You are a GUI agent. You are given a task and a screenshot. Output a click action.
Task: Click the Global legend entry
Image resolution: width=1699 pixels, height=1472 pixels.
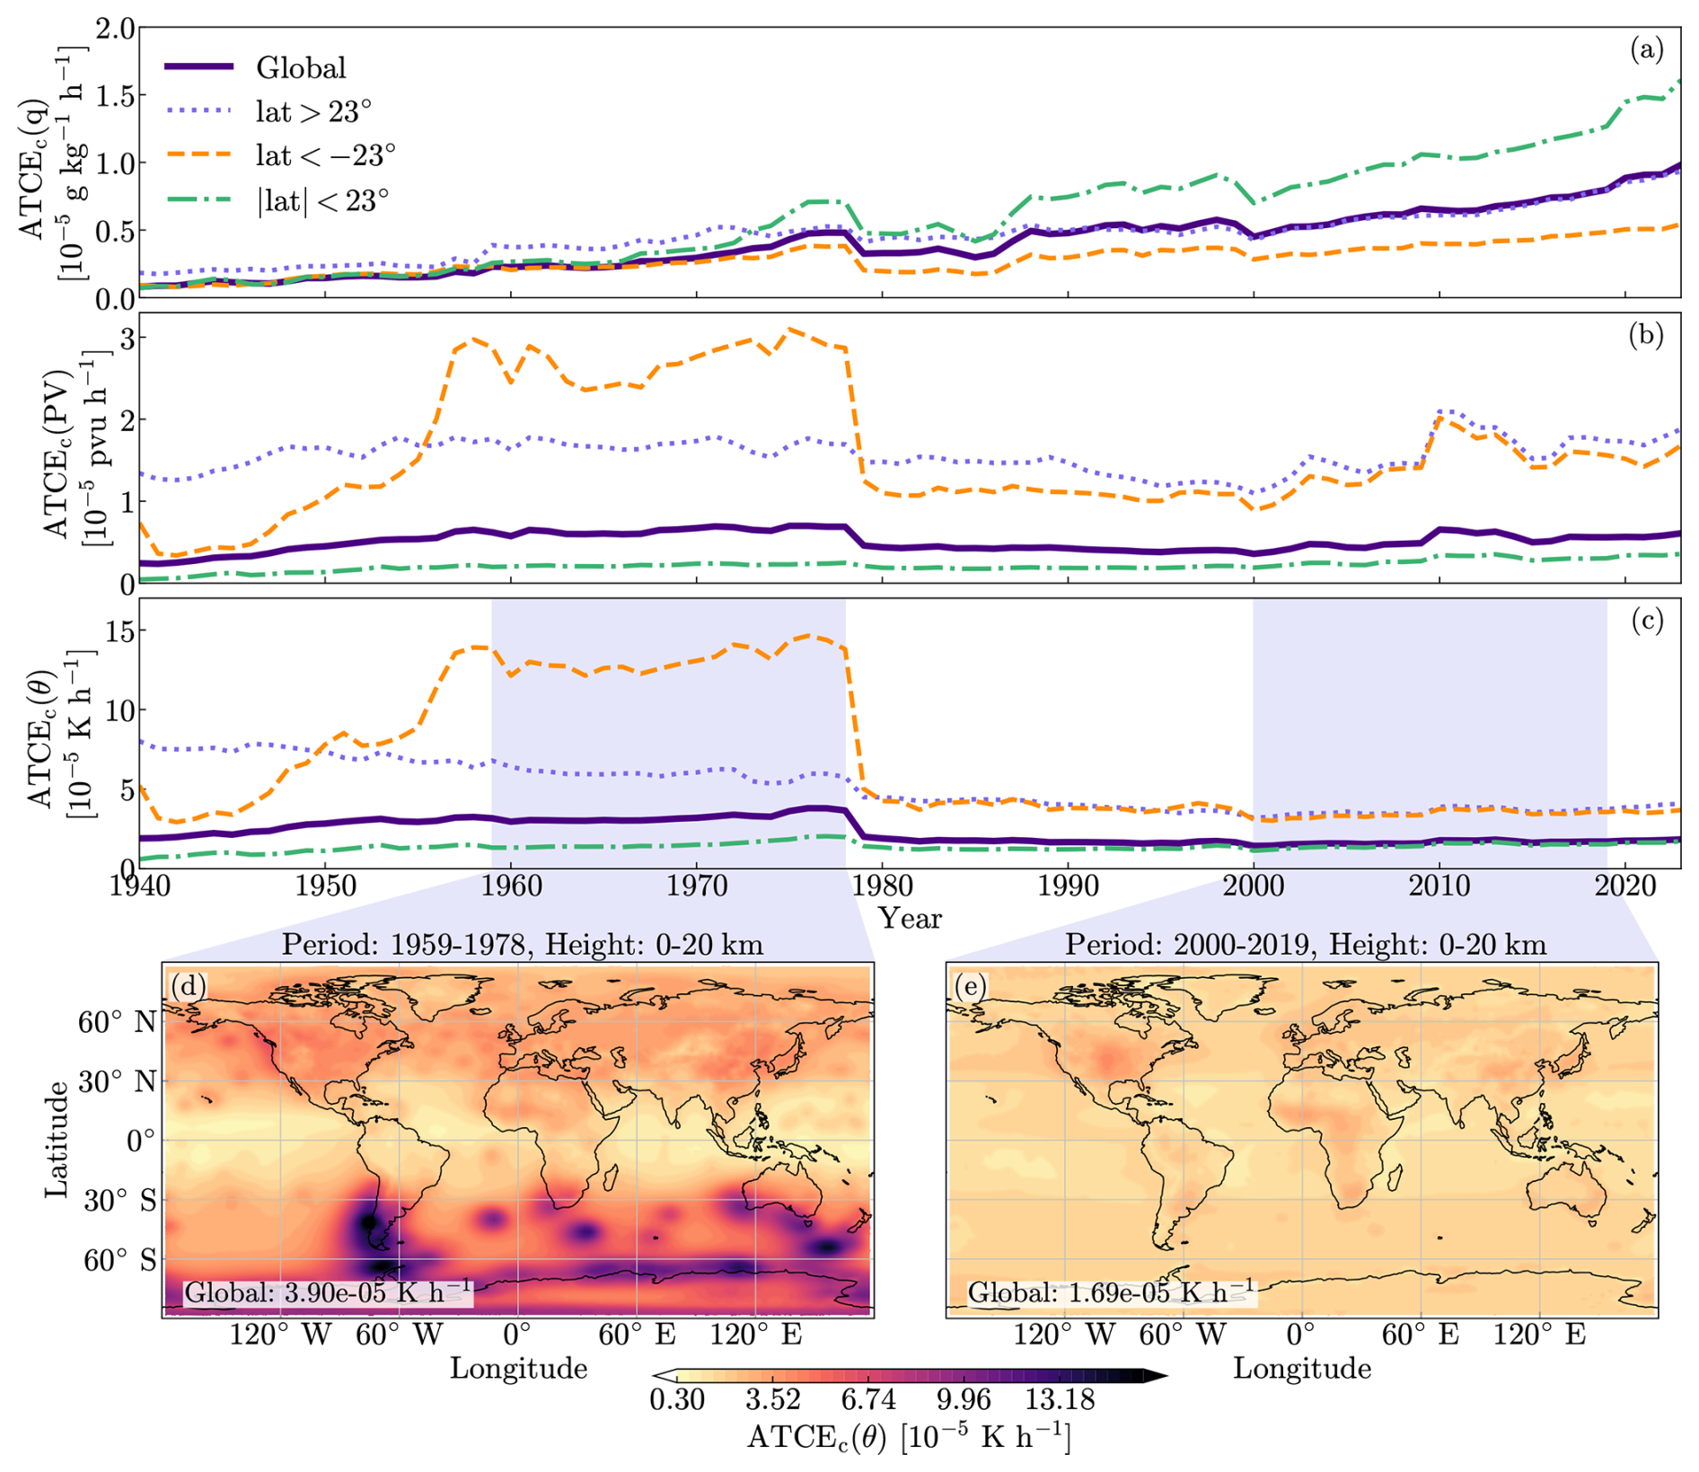(300, 68)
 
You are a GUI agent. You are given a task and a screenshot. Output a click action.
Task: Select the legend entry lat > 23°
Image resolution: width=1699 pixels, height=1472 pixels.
(313, 112)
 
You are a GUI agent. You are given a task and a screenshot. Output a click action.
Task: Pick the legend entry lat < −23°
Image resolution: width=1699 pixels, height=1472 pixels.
(325, 156)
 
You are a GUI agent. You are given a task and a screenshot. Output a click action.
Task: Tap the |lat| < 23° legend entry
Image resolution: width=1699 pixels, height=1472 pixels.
(322, 200)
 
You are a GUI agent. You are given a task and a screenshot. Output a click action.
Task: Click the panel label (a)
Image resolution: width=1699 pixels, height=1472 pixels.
(1646, 50)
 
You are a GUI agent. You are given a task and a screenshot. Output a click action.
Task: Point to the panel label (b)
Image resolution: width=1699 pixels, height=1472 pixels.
(1646, 335)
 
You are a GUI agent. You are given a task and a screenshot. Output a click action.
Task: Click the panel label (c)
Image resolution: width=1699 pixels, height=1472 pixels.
(1646, 621)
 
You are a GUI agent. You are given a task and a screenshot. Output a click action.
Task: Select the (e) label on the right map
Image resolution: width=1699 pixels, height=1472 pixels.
(971, 987)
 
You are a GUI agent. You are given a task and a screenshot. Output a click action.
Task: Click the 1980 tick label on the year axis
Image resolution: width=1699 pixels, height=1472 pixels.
(882, 887)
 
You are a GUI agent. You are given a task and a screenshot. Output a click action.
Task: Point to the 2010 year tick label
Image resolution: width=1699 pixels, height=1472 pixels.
(1439, 887)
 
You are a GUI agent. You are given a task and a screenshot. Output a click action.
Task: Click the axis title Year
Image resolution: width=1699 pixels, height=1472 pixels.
(910, 919)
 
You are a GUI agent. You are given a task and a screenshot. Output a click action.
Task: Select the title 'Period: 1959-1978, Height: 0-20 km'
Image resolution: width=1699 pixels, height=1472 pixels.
(523, 945)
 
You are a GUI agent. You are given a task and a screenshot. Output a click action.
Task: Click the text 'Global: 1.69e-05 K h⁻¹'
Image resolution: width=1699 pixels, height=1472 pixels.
(1112, 1292)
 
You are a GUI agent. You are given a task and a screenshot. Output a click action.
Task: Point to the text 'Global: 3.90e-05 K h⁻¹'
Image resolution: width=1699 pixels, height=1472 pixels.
(328, 1292)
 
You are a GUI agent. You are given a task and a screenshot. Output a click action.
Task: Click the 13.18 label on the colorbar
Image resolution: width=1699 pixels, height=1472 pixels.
(1061, 1400)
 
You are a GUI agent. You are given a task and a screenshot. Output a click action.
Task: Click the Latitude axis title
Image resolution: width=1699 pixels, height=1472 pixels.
(57, 1139)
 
